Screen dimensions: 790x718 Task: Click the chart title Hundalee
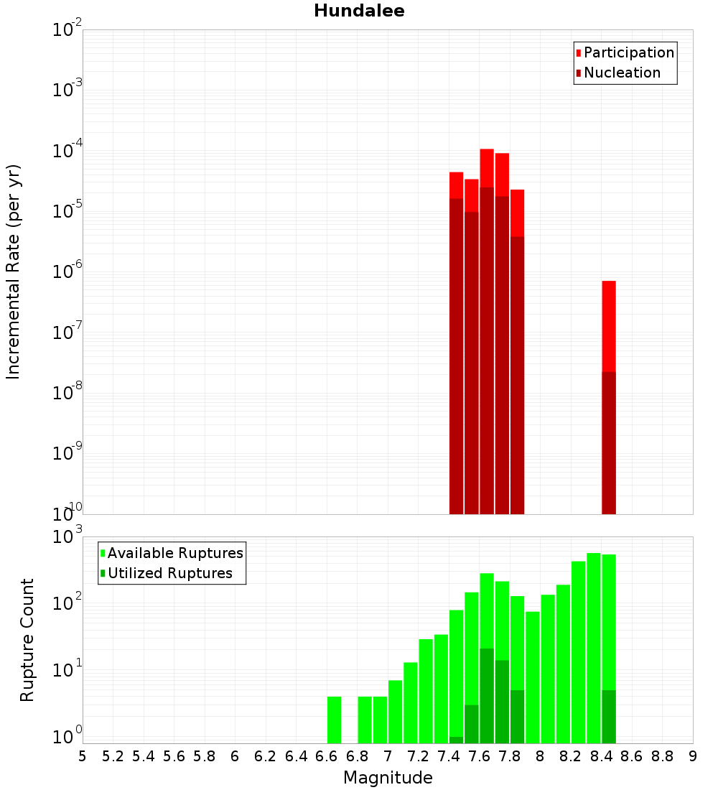[x=359, y=11]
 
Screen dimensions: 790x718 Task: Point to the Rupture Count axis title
[x=27, y=640]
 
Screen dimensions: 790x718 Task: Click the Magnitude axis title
[x=388, y=778]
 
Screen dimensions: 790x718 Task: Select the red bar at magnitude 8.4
[x=609, y=323]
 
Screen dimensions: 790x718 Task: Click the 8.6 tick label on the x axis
[x=632, y=756]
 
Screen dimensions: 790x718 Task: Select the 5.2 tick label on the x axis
[x=113, y=756]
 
